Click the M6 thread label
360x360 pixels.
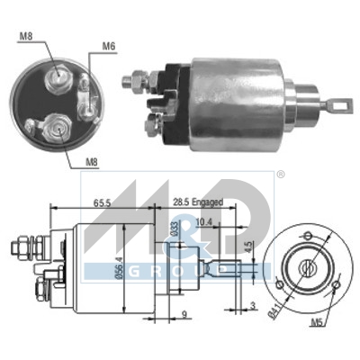coord(109,46)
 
